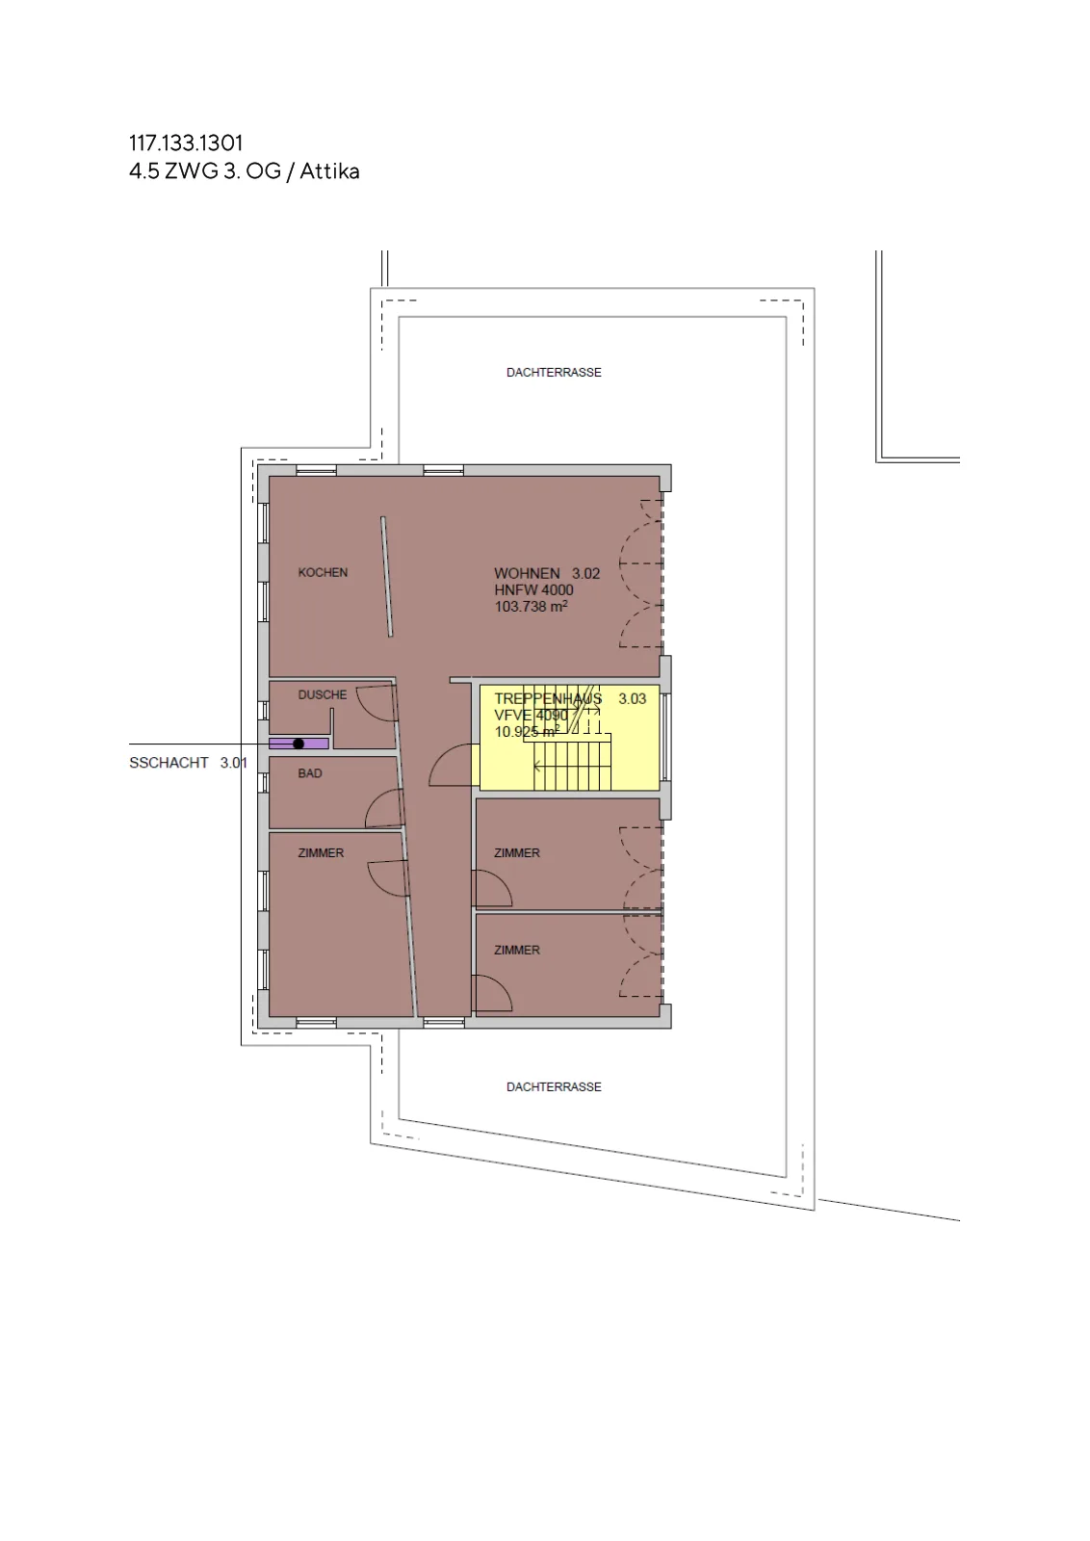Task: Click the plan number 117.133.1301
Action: [186, 144]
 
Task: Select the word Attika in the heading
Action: [329, 170]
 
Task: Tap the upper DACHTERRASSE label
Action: [554, 372]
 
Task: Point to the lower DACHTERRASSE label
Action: [554, 1087]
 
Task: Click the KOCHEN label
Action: [323, 572]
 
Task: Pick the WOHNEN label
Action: [527, 573]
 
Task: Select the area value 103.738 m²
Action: [531, 606]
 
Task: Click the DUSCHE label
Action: [323, 694]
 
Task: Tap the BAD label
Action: [310, 773]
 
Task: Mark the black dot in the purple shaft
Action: [298, 744]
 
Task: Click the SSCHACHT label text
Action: [169, 763]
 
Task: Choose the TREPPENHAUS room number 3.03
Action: [632, 699]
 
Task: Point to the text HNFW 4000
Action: [533, 589]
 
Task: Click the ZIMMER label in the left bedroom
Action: [321, 853]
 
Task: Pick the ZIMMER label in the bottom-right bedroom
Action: [516, 950]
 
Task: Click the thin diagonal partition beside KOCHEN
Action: [387, 577]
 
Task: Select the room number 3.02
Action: [585, 573]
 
